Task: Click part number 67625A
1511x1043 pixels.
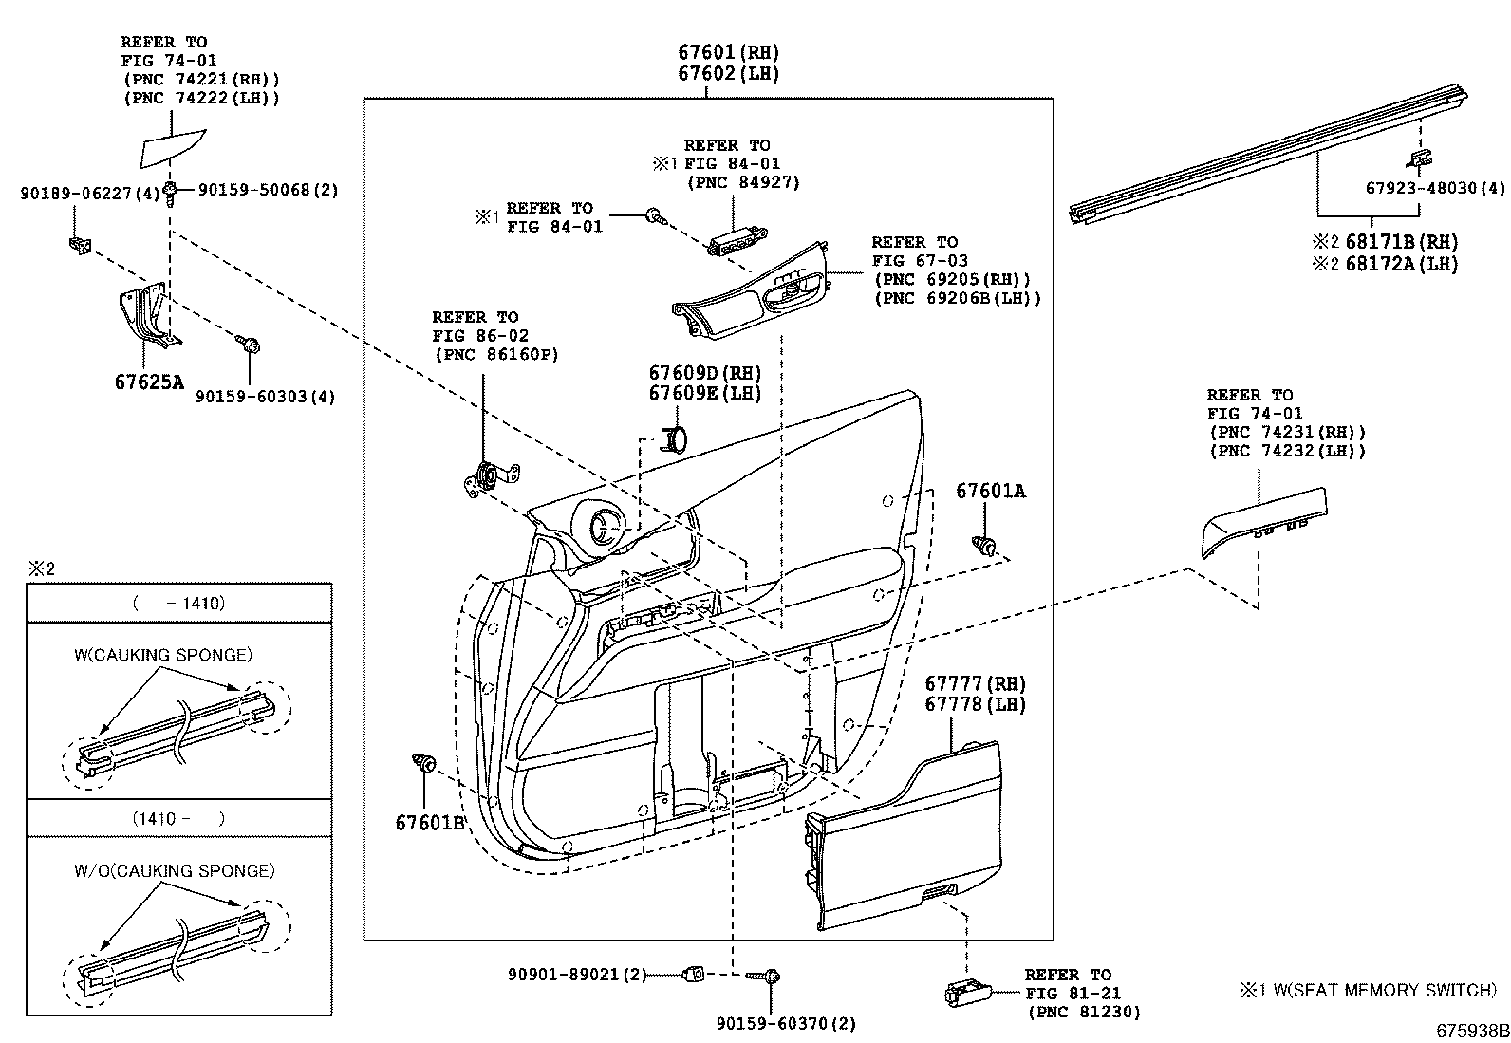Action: pos(148,382)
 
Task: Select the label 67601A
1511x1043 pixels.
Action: pos(990,491)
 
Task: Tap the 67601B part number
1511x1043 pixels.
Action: pos(429,822)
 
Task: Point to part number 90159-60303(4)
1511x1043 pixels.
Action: pos(266,397)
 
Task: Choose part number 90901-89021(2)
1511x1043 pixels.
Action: pos(576,974)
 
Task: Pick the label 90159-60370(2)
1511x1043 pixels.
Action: pos(786,1023)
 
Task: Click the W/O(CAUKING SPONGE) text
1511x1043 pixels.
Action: pos(174,870)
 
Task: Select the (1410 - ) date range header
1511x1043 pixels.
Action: pos(179,818)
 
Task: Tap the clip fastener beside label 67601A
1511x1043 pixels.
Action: pos(984,547)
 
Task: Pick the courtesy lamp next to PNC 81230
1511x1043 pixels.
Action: pos(966,993)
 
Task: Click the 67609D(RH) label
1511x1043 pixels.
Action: pos(705,373)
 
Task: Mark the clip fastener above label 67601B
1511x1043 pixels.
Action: pos(424,762)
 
